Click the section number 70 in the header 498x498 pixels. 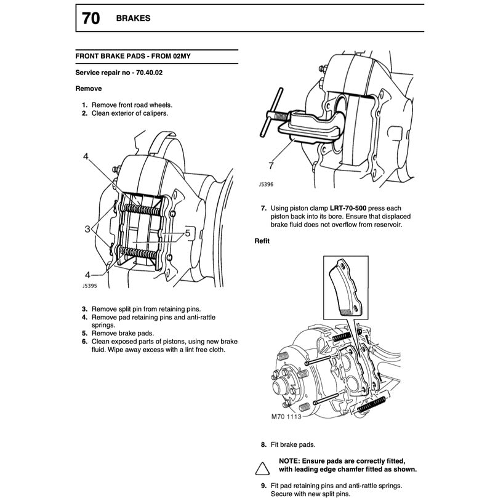tap(90, 19)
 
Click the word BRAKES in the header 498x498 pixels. tap(133, 18)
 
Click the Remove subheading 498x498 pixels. tap(88, 89)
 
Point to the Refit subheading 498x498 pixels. tap(262, 241)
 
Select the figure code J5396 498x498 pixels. tap(268, 183)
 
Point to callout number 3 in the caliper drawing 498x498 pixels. tap(88, 228)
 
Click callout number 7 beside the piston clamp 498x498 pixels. tap(271, 166)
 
